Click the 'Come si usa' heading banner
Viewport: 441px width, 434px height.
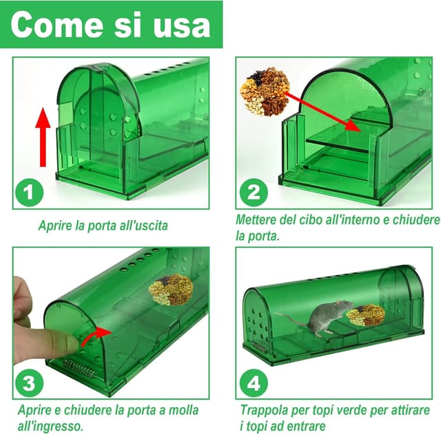pyautogui.click(x=112, y=25)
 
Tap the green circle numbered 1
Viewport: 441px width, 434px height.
pyautogui.click(x=29, y=193)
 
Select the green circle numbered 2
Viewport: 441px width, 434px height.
pyautogui.click(x=254, y=193)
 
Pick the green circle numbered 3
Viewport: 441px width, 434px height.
pyautogui.click(x=29, y=383)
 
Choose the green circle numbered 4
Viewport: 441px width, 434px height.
pyautogui.click(x=254, y=383)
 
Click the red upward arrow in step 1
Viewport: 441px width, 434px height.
pyautogui.click(x=43, y=137)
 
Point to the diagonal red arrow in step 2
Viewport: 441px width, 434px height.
pyautogui.click(x=322, y=111)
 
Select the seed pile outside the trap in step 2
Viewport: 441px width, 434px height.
pyautogui.click(x=265, y=91)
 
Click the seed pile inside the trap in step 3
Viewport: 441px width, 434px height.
pyautogui.click(x=171, y=290)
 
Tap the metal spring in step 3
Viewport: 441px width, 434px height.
pyautogui.click(x=80, y=369)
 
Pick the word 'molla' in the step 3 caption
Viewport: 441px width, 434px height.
pyautogui.click(x=183, y=410)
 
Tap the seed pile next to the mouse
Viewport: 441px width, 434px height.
pyautogui.click(x=365, y=315)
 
